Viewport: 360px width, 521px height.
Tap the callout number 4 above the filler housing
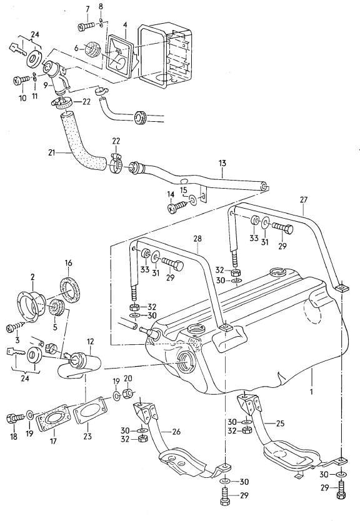(x=125, y=26)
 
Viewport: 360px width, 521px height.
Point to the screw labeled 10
(x=18, y=80)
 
